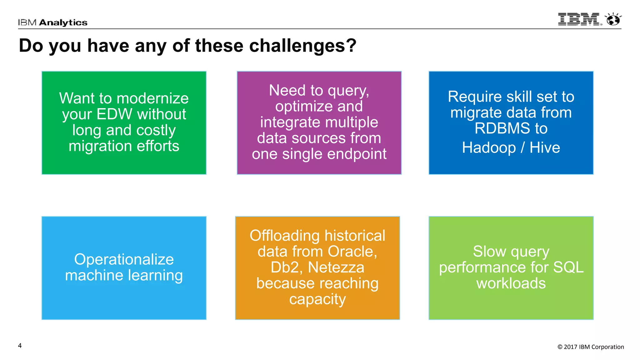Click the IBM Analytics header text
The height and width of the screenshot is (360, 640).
point(52,22)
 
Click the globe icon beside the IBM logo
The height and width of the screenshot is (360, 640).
point(613,19)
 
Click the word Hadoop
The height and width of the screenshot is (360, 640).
point(489,147)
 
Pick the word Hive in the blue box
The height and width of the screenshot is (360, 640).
point(545,147)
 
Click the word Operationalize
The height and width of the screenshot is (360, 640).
point(124,259)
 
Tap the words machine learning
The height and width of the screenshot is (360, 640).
point(124,276)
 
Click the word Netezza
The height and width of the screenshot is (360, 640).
point(336,267)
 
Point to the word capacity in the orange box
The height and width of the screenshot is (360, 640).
point(317,299)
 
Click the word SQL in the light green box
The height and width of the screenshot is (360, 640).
point(568,267)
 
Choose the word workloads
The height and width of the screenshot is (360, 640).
point(511,283)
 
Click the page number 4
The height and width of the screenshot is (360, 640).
point(20,346)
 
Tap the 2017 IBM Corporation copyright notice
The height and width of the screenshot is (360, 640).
point(591,347)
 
